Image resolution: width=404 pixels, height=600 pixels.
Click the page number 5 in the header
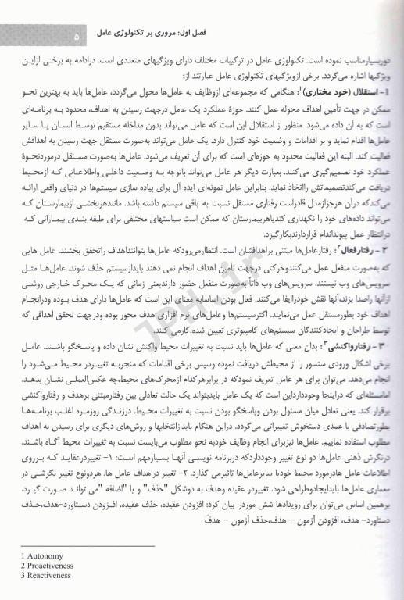click(x=76, y=36)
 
